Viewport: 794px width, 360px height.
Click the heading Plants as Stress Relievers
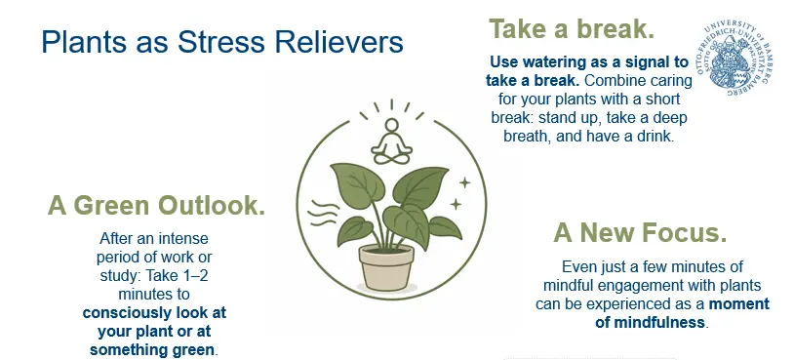coord(222,42)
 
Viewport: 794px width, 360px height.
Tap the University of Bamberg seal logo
coord(734,60)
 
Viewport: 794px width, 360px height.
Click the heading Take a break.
coord(572,29)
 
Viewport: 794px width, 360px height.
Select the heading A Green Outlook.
coord(156,206)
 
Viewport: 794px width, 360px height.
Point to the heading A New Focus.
coord(640,232)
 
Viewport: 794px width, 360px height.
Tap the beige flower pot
coord(386,267)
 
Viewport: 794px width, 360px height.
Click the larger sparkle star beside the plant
coord(464,182)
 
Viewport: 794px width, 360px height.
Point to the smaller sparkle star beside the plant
coord(456,204)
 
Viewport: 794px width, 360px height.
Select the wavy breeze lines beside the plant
coord(323,213)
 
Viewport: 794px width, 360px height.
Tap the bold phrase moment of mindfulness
coord(682,313)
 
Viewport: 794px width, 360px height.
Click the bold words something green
coord(152,350)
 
